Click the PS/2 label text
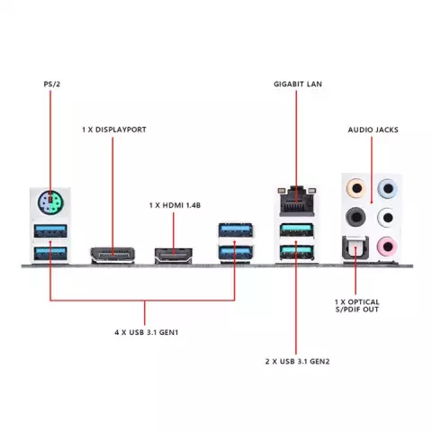tap(52, 84)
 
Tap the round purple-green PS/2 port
tap(50, 202)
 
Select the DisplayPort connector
tap(112, 256)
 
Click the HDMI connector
tap(174, 256)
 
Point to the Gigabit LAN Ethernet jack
tap(297, 201)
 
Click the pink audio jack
tap(387, 247)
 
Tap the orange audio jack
tap(356, 189)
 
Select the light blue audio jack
tap(388, 189)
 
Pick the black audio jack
tap(355, 217)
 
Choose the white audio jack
tap(387, 217)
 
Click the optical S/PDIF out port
tap(355, 247)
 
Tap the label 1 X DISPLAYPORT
tap(114, 130)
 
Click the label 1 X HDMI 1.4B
tap(175, 205)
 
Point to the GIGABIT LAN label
tap(298, 84)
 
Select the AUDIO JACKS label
tap(373, 130)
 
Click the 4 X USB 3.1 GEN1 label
tap(147, 332)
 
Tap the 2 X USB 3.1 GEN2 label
tap(297, 361)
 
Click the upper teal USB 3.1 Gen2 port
tap(297, 230)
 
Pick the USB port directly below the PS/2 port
tap(50, 230)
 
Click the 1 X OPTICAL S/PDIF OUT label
tap(357, 306)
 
